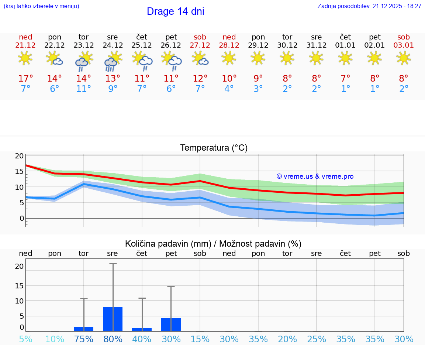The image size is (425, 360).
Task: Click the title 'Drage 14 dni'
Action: [175, 11]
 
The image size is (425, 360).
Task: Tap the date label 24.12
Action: [113, 45]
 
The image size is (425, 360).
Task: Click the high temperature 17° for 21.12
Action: [25, 78]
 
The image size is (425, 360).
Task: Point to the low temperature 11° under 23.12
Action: [84, 89]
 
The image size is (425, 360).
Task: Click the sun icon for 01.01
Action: [345, 58]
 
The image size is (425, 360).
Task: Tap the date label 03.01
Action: [404, 45]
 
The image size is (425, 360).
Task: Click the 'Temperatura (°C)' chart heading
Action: [214, 148]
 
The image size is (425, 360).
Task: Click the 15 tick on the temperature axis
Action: [20, 171]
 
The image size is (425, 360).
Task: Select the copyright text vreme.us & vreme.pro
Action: [315, 176]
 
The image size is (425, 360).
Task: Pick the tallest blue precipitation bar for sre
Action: [113, 319]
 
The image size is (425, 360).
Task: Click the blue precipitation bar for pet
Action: [171, 324]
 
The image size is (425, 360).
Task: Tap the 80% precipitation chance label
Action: [113, 339]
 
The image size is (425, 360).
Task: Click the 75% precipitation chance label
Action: [84, 339]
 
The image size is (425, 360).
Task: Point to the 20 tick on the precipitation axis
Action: [20, 266]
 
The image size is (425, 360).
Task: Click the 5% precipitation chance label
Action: [25, 339]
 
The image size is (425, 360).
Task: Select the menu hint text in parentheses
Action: [41, 6]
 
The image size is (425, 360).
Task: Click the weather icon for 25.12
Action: [142, 61]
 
